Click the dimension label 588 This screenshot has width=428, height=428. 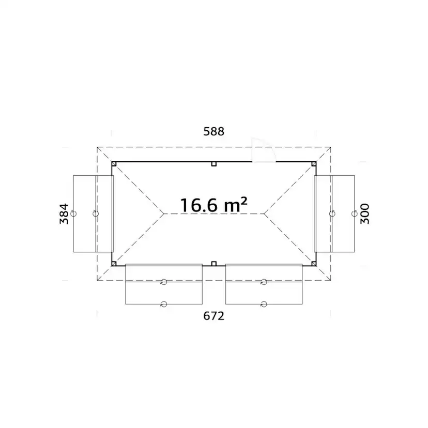(213, 132)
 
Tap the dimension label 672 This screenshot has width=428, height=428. (213, 316)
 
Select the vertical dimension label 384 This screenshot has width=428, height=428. (64, 213)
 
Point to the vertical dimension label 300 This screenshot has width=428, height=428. (364, 213)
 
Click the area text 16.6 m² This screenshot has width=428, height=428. (213, 205)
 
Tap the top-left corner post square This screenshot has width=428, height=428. (114, 164)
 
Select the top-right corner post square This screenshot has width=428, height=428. (314, 164)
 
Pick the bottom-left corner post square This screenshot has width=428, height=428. (114, 264)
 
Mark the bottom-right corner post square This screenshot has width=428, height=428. (314, 264)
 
